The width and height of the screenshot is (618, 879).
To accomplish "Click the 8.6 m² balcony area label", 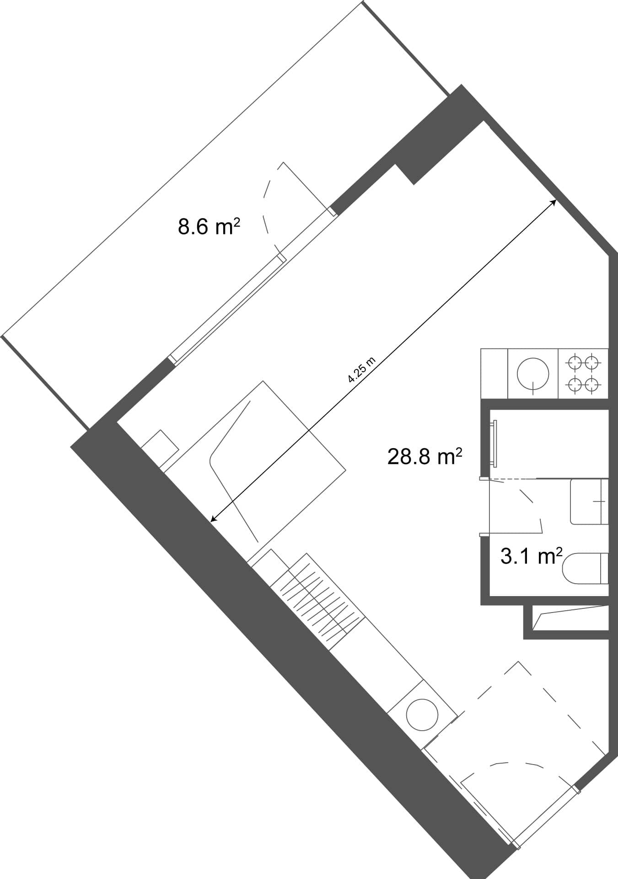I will pos(209,227).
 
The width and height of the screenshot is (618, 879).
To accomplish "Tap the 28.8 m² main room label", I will pos(425,456).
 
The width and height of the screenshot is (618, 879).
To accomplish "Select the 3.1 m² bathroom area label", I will pos(531,556).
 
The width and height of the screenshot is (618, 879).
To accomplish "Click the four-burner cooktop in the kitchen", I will pos(583,373).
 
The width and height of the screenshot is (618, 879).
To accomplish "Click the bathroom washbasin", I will pos(589,501).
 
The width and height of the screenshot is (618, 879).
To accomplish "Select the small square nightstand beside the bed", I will pos(160,448).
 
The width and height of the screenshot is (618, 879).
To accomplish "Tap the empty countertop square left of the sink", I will pos(494,373).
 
